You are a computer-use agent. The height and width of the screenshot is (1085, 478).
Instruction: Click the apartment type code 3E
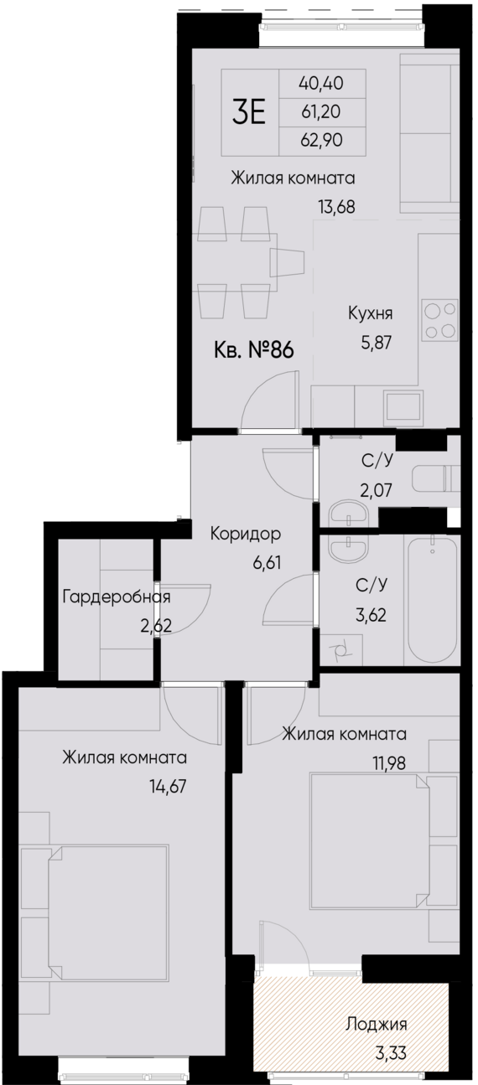coord(248,112)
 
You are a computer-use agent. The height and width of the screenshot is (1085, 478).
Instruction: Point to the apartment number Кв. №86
coord(254,349)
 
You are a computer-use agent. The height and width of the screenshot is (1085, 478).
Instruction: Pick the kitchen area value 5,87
coord(371,341)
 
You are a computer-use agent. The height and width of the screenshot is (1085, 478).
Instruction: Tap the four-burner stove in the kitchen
coord(440,320)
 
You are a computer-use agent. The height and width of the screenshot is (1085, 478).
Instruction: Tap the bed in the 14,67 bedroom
coord(107,910)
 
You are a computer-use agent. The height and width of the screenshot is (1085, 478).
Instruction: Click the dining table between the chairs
coord(286,262)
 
